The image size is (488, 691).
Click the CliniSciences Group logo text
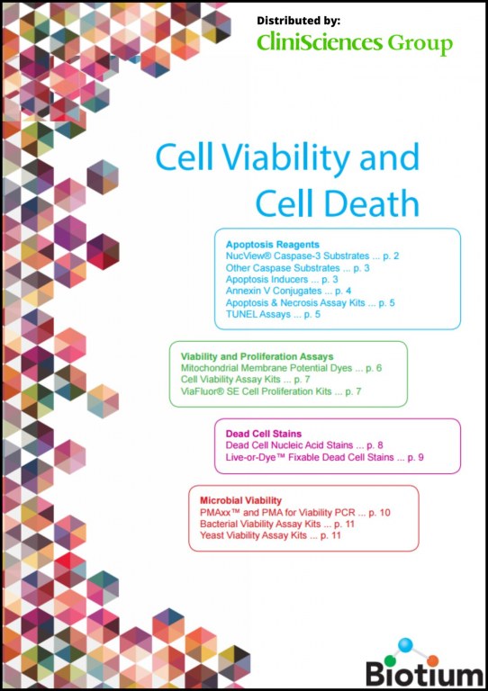(x=355, y=43)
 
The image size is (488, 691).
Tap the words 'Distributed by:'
(x=298, y=21)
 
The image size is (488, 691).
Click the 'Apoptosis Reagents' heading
(x=273, y=245)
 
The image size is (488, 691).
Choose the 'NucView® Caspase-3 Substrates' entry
(x=297, y=256)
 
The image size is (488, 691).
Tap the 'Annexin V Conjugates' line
(x=274, y=291)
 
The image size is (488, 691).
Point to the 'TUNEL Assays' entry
(x=258, y=314)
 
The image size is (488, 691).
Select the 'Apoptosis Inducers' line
(x=267, y=280)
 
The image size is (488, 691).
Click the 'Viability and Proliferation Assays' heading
(x=257, y=356)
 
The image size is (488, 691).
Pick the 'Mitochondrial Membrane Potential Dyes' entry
(x=267, y=368)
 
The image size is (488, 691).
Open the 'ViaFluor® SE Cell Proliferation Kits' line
(x=256, y=391)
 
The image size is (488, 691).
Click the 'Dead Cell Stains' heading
(x=264, y=434)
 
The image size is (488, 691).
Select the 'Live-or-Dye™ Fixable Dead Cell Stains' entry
(x=310, y=457)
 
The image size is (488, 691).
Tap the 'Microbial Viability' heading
(x=240, y=500)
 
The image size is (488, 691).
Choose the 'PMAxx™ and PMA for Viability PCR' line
(x=277, y=513)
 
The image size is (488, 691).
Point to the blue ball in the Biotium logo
(x=405, y=645)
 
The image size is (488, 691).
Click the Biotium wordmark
(x=425, y=673)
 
